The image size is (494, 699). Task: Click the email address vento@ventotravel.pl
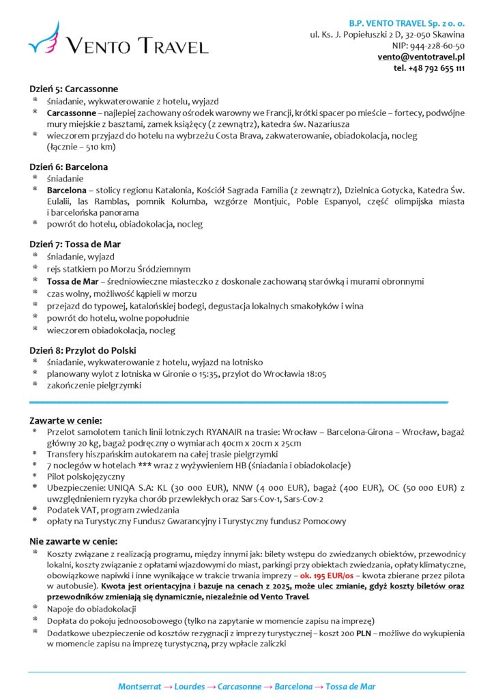pos(421,57)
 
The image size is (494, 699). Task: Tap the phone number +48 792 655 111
pos(429,68)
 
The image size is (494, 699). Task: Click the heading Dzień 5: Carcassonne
pos(74,89)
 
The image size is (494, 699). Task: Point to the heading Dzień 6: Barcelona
pos(68,167)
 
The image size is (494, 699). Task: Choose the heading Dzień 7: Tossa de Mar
pos(75,244)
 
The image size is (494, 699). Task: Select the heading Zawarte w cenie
pos(66,420)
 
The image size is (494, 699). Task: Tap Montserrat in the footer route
pos(141,687)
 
